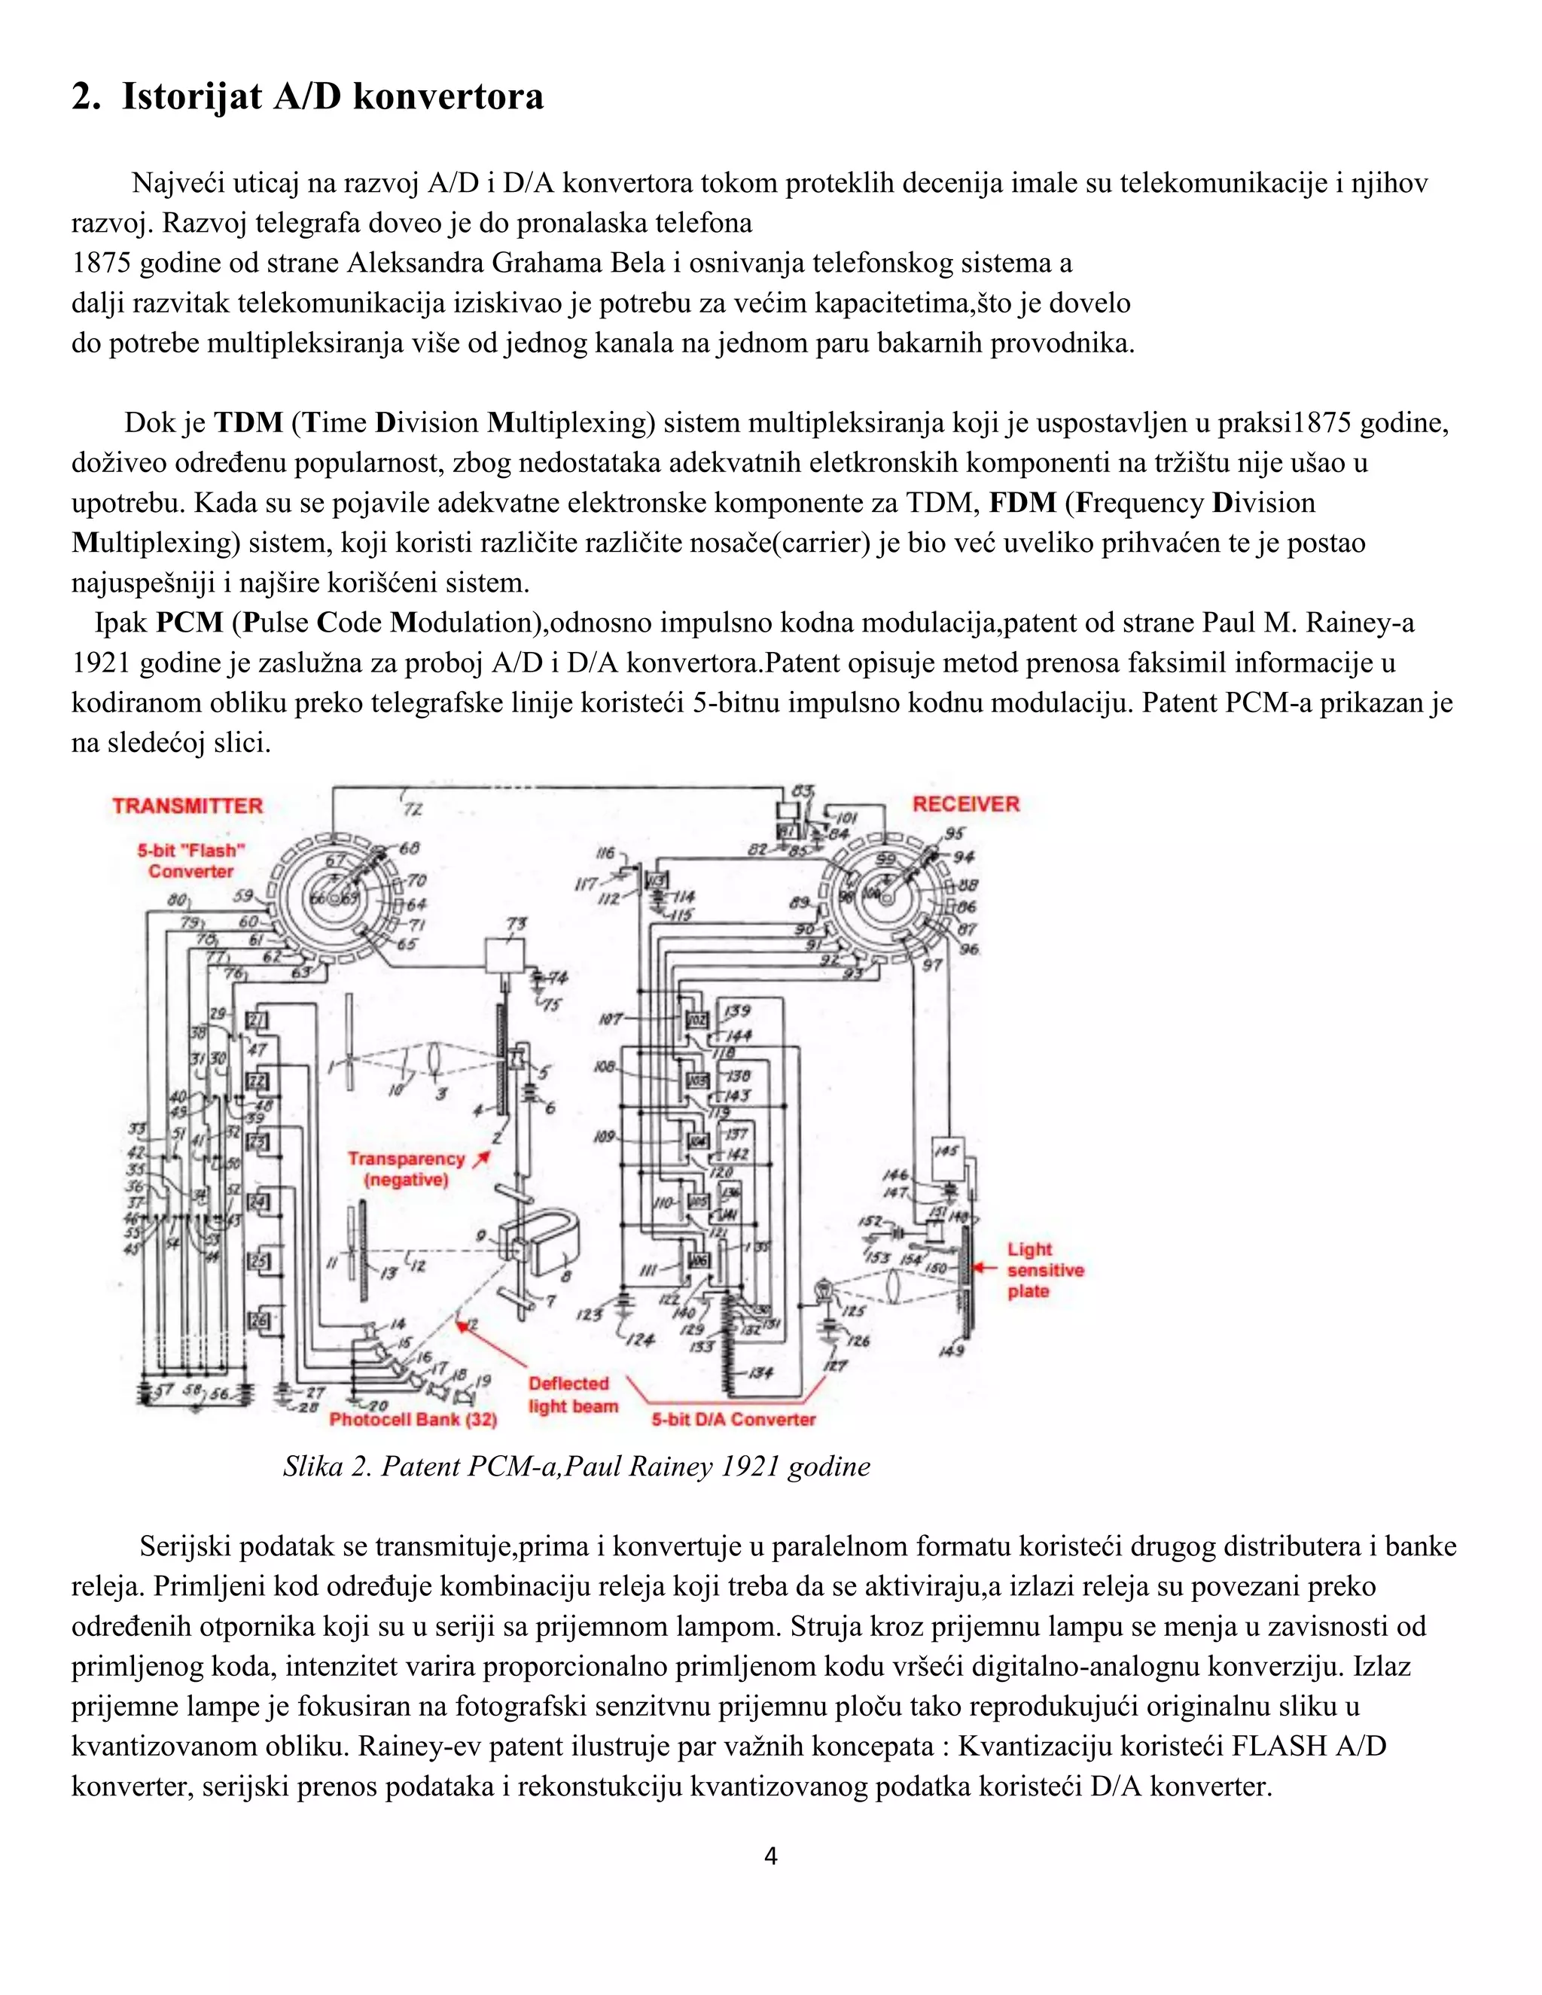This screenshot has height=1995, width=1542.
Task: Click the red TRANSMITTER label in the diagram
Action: (x=187, y=806)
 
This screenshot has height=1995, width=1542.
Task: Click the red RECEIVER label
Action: (x=965, y=804)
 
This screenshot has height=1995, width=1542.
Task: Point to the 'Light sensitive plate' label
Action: (x=1044, y=1270)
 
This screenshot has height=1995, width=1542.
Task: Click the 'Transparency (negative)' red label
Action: (x=407, y=1169)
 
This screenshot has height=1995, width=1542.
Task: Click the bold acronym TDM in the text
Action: (x=248, y=423)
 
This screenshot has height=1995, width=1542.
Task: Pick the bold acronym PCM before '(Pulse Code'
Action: (x=189, y=623)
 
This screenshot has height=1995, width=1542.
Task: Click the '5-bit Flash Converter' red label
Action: (x=191, y=860)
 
